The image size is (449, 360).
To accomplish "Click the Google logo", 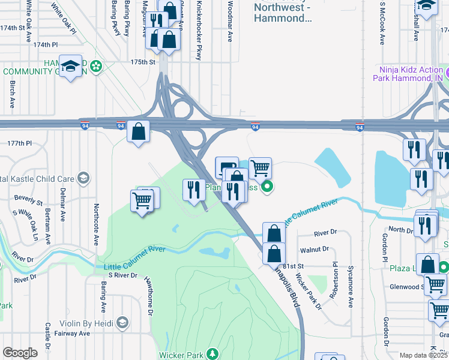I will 20,353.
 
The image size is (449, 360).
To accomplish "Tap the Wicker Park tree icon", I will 211,353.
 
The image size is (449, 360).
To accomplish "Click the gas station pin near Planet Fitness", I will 226,168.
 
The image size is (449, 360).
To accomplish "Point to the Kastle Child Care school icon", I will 83,178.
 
